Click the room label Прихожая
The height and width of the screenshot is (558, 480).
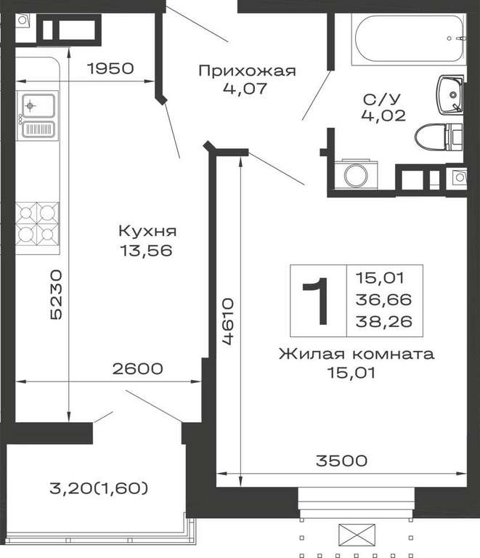coord(247,71)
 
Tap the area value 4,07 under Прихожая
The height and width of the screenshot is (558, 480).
coord(245,88)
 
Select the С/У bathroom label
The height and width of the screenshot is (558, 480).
coord(382,99)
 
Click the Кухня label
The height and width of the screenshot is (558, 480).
coord(147,231)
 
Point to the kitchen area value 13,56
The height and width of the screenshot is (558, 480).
coord(146,251)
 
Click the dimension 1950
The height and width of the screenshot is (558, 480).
coord(110,68)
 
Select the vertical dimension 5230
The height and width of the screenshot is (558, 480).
coord(56,294)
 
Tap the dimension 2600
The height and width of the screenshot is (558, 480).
coord(137,368)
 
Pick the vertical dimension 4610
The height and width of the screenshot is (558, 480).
coord(228,322)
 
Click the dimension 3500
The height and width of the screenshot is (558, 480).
coord(341,461)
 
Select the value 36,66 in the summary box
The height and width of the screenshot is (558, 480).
coord(383,299)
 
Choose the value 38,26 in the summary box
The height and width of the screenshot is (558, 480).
coord(384,321)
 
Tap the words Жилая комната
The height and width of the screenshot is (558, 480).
coord(357,354)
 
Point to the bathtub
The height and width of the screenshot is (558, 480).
coord(408,39)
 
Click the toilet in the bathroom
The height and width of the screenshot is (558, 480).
coord(439,137)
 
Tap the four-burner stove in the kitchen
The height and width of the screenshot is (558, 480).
coord(37,224)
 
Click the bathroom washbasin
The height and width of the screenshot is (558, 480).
coord(450,94)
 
